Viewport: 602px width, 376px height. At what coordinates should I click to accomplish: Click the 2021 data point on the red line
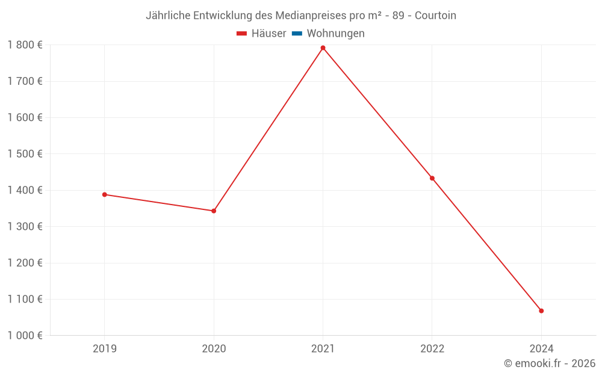coord(323,48)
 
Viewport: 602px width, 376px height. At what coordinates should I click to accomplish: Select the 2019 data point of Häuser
coord(104,194)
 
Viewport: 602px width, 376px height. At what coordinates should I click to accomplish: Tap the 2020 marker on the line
coord(214,211)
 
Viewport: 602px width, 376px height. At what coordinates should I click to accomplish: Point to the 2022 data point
coord(432,178)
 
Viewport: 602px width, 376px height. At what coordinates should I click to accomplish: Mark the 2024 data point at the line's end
coord(541,310)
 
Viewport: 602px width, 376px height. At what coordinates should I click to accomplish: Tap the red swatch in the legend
coord(242,34)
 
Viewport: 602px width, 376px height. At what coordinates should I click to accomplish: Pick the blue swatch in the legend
coord(297,34)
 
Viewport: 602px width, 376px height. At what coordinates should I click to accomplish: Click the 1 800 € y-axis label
coord(25,45)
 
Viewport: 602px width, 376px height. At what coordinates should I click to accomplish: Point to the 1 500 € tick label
coord(25,154)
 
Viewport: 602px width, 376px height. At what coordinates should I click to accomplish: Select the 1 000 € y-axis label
coord(25,336)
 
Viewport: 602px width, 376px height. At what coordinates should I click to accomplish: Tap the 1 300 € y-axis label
coord(25,227)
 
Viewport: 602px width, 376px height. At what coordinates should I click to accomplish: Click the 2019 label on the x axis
coord(105,348)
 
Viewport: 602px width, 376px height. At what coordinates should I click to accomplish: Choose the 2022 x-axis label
coord(432,348)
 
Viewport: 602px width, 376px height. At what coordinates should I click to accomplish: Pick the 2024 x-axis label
coord(541,348)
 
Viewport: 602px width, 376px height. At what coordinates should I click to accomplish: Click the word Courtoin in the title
coord(435,16)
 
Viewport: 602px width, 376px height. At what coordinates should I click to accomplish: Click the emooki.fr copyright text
coord(550,363)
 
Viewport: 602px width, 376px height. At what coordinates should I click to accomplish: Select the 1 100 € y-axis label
coord(25,299)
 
